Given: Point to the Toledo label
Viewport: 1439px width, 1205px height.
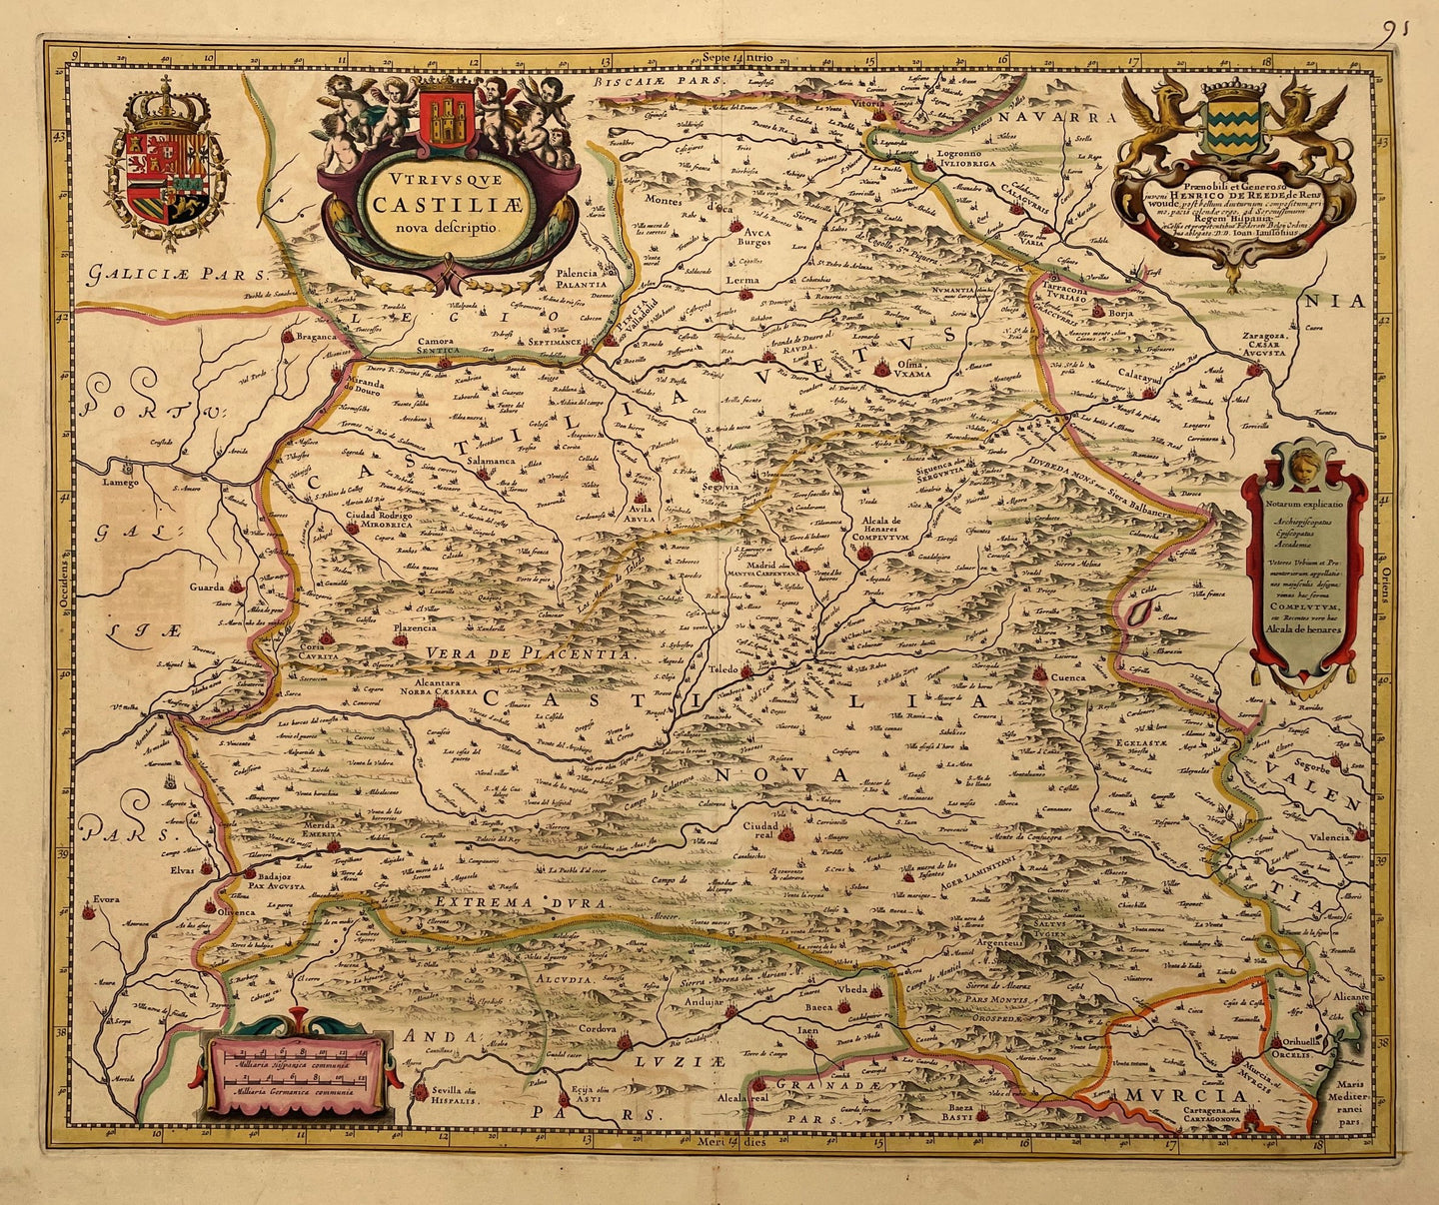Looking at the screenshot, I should coord(723,668).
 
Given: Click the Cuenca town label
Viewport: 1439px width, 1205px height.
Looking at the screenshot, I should coord(1068,676).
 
